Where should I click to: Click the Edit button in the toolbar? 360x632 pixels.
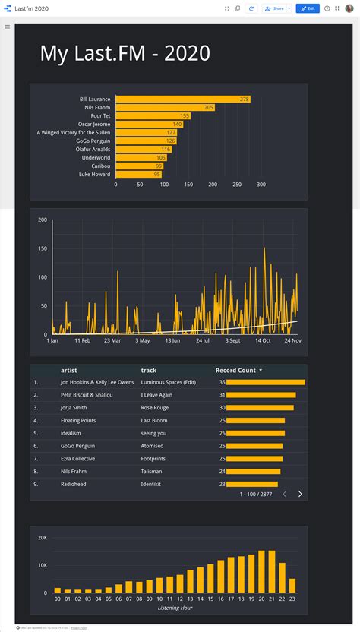pyautogui.click(x=307, y=8)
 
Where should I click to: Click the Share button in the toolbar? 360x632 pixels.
pyautogui.click(x=274, y=8)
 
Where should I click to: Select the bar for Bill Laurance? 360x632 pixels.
pyautogui.click(x=182, y=100)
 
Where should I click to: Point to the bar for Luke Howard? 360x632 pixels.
pyautogui.click(x=138, y=174)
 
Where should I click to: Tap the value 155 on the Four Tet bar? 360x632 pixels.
pyautogui.click(x=185, y=116)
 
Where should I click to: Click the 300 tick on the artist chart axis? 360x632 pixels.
pyautogui.click(x=261, y=185)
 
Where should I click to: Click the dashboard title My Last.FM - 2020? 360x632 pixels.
pyautogui.click(x=125, y=53)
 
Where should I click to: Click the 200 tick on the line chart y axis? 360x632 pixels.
pyautogui.click(x=43, y=220)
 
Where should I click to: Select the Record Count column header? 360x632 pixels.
pyautogui.click(x=235, y=371)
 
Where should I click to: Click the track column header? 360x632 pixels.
pyautogui.click(x=148, y=371)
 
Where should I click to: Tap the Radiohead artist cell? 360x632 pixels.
pyautogui.click(x=74, y=484)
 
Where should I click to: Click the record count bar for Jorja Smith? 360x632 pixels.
pyautogui.click(x=260, y=407)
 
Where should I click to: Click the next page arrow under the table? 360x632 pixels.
pyautogui.click(x=300, y=494)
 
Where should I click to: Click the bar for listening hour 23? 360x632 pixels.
pyautogui.click(x=292, y=586)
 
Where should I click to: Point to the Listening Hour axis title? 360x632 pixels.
pyautogui.click(x=175, y=608)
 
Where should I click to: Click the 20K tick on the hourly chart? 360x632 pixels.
pyautogui.click(x=43, y=538)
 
